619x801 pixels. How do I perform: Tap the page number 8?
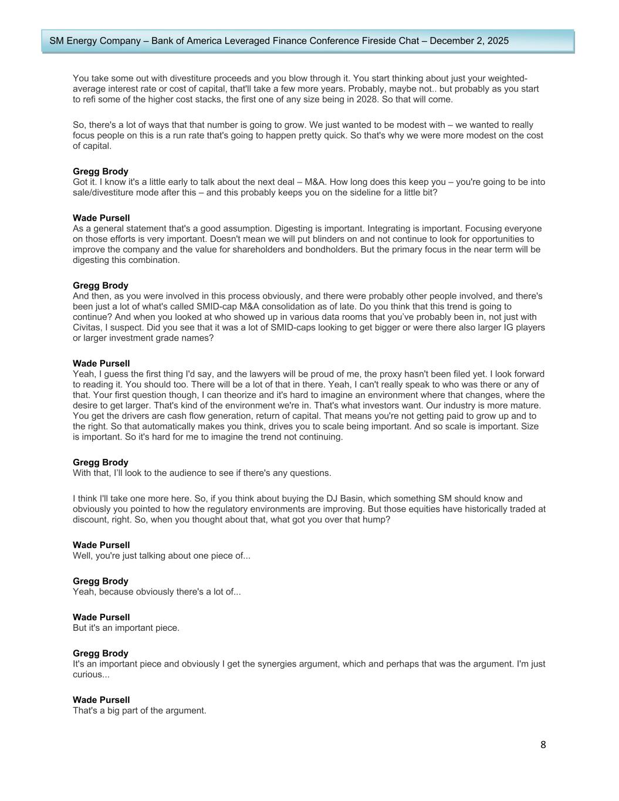click(543, 745)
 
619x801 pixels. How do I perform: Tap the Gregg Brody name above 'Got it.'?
click(100, 171)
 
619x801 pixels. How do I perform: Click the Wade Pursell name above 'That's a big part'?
click(101, 699)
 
